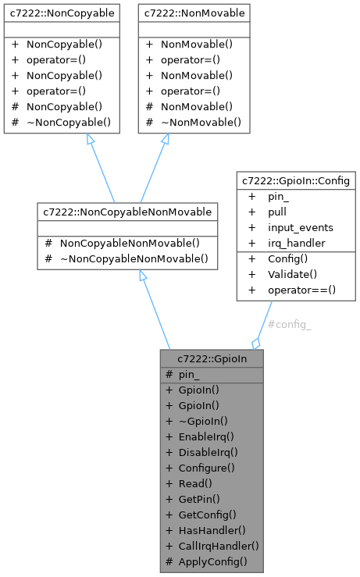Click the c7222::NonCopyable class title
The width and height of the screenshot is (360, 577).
tap(61, 13)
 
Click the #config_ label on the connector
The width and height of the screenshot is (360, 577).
tap(289, 324)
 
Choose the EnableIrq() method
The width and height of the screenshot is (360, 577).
tap(206, 436)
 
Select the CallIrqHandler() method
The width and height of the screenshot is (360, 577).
tap(218, 546)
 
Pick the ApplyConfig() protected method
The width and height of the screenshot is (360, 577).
tap(212, 561)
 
